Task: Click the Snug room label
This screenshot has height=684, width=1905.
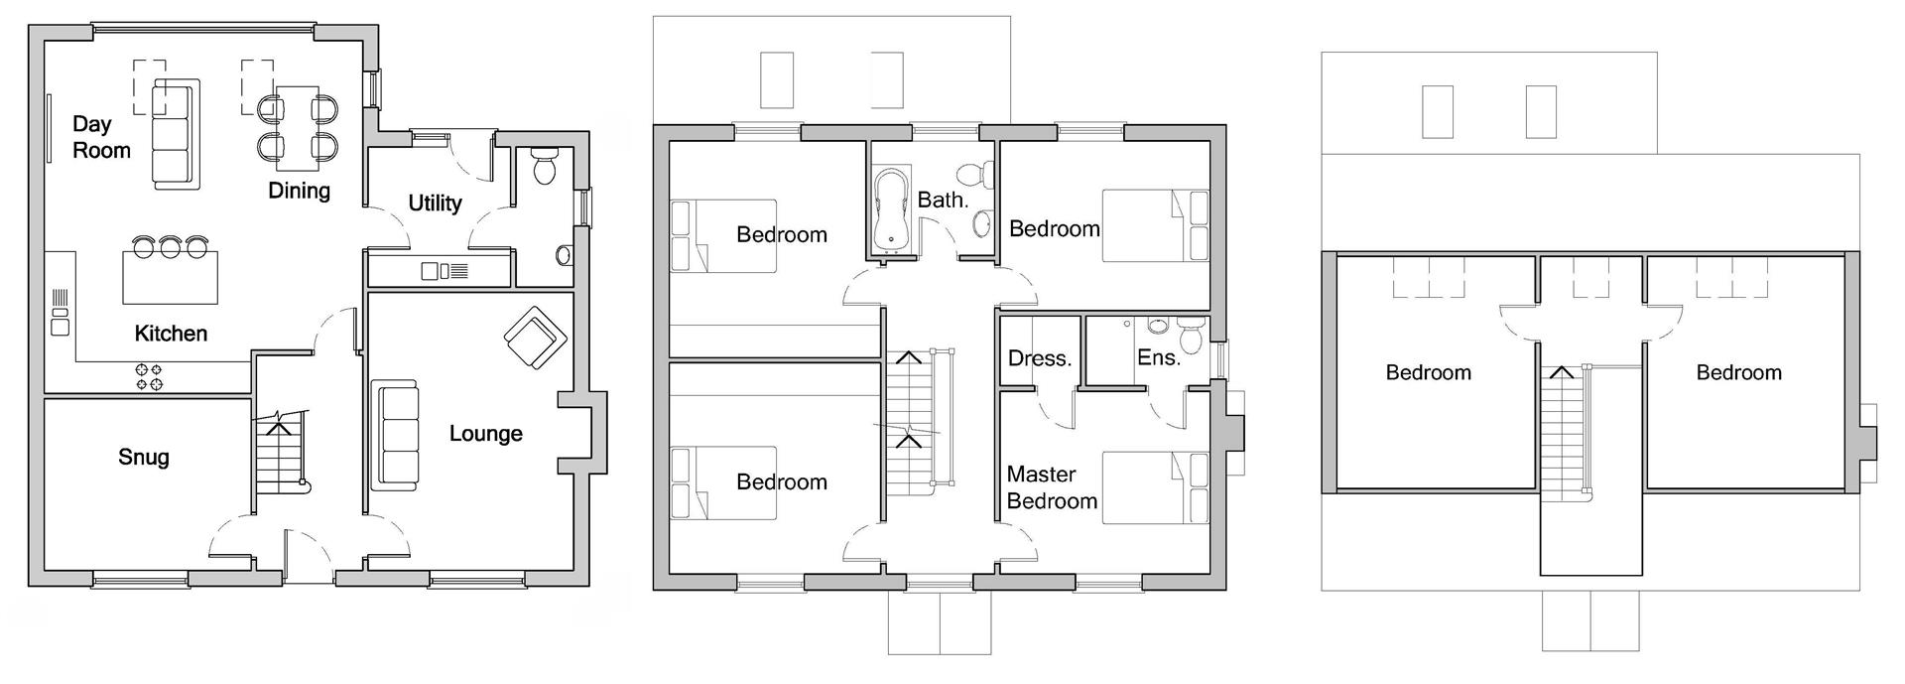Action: [144, 458]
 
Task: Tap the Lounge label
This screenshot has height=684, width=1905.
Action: [485, 434]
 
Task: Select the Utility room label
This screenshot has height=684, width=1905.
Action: [435, 204]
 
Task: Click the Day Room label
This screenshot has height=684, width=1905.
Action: [100, 138]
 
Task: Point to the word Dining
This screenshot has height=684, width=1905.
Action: [299, 191]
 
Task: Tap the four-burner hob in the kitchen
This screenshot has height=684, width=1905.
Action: [149, 376]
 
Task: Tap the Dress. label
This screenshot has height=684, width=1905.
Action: [1039, 358]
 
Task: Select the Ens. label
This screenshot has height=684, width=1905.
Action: [1158, 358]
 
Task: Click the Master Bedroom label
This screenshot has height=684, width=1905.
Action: [1051, 487]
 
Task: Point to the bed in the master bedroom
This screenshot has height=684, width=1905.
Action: [1155, 487]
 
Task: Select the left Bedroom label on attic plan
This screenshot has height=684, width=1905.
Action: [1428, 373]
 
